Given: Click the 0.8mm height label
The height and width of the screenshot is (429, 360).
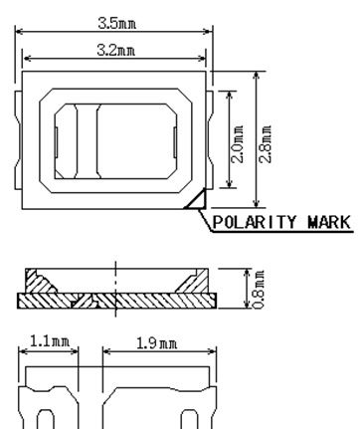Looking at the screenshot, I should tap(259, 287).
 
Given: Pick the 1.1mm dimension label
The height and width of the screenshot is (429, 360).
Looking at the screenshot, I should tap(48, 342).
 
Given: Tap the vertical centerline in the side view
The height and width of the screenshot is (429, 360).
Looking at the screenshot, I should tap(117, 284).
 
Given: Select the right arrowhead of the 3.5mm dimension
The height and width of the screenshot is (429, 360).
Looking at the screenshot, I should tap(212, 31).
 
